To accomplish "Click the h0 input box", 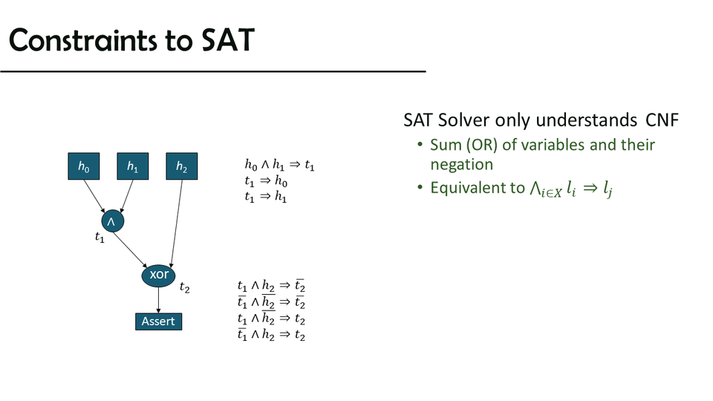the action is pyautogui.click(x=84, y=166).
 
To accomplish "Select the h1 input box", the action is pyautogui.click(x=133, y=166).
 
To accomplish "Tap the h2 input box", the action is pyautogui.click(x=182, y=166).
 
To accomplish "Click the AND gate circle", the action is pyautogui.click(x=113, y=221).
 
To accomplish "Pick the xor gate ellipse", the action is pyautogui.click(x=158, y=275).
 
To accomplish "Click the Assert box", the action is pyautogui.click(x=159, y=322).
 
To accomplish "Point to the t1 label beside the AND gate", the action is pyautogui.click(x=100, y=237).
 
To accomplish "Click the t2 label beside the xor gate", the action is pyautogui.click(x=185, y=287).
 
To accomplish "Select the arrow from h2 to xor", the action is pyautogui.click(x=177, y=224).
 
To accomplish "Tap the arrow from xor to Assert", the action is pyautogui.click(x=158, y=300).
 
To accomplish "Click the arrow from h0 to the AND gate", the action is pyautogui.click(x=94, y=196).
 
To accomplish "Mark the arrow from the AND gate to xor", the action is pyautogui.click(x=130, y=250).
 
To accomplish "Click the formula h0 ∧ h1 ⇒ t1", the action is pyautogui.click(x=280, y=165).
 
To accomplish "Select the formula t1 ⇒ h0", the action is pyautogui.click(x=266, y=181).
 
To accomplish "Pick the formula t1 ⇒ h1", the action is pyautogui.click(x=266, y=196).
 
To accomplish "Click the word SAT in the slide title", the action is pyautogui.click(x=227, y=40).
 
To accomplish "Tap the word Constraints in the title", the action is pyautogui.click(x=83, y=40).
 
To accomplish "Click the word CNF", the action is pyautogui.click(x=662, y=120).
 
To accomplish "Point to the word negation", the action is pyautogui.click(x=461, y=165).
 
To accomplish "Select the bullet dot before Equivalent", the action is pyautogui.click(x=420, y=187).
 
